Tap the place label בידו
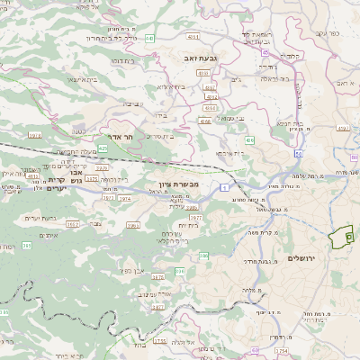pyautogui.click(x=160, y=114)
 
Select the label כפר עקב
pyautogui.click(x=331, y=33)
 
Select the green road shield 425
pyautogui.click(x=103, y=147)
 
